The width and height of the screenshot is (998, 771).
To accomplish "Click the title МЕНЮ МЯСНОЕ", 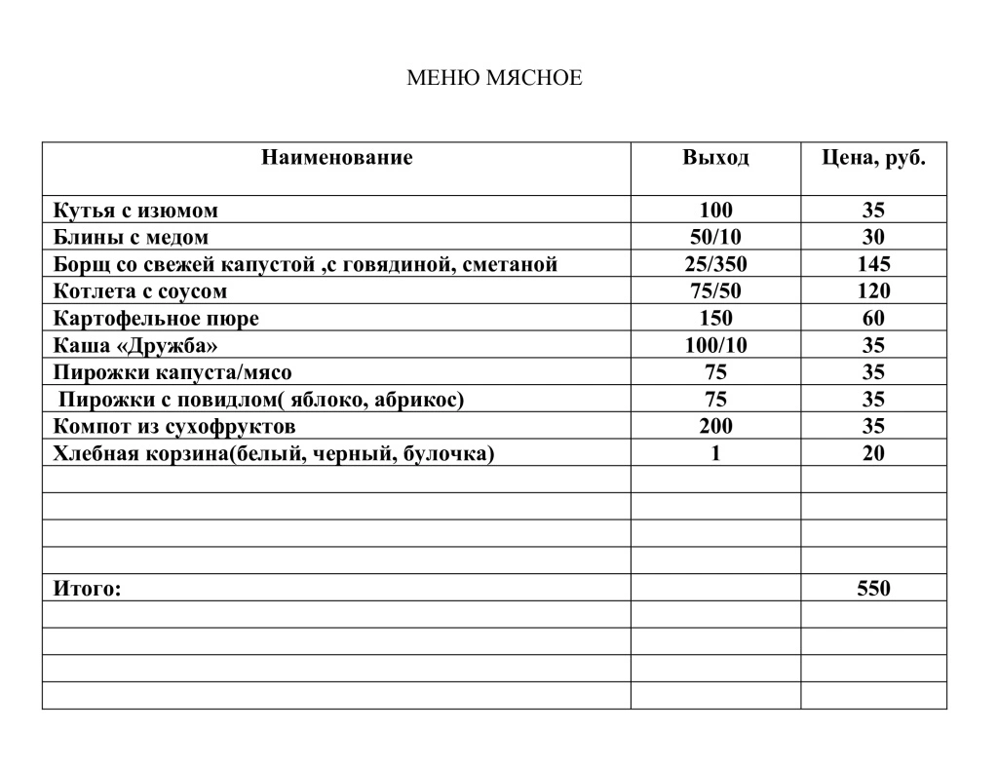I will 493,78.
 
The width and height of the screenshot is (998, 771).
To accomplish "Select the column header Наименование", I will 336,158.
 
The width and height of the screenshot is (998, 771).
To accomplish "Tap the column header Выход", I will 715,158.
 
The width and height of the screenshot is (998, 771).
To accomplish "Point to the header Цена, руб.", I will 873,158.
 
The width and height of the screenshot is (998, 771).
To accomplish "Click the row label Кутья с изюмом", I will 135,211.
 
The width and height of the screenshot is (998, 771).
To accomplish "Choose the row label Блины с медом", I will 131,238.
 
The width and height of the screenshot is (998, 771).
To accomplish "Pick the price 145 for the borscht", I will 873,264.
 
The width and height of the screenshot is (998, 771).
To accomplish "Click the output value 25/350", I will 715,264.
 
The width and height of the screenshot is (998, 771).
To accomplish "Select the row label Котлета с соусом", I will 140,291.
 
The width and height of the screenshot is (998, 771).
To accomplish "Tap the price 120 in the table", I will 873,291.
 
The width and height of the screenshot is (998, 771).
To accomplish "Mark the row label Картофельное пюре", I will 156,319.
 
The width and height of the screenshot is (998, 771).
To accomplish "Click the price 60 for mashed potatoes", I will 873,319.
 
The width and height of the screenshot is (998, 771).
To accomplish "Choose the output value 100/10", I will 715,345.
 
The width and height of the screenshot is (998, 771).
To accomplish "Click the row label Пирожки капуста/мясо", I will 173,372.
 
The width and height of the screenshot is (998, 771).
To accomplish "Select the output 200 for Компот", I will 715,426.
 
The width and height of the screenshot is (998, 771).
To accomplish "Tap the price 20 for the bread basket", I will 873,453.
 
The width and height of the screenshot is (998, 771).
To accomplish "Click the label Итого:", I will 88,589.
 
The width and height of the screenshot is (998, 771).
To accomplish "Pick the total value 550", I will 873,589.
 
